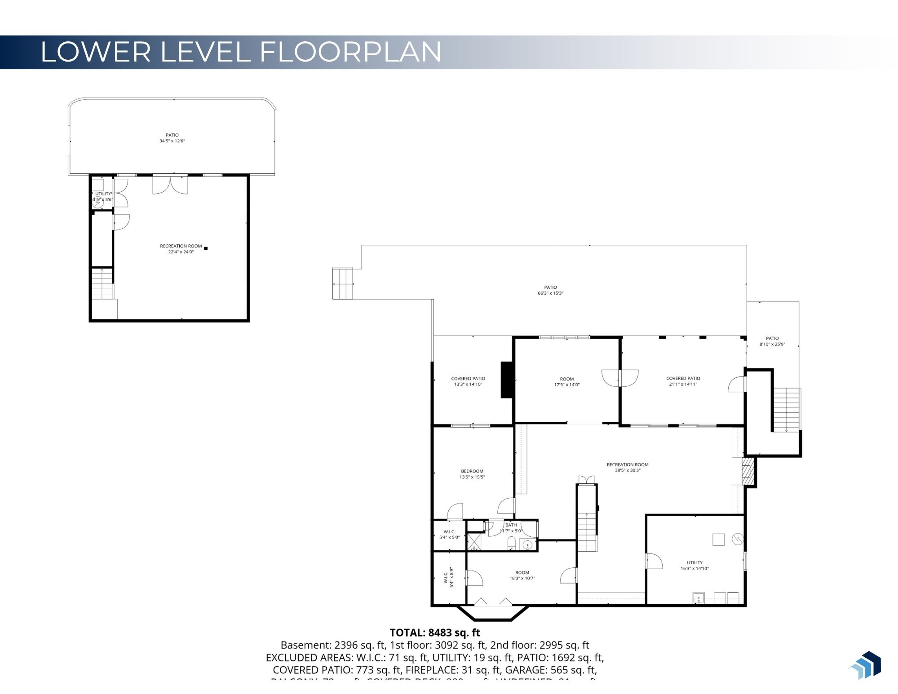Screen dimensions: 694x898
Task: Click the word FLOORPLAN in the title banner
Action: pos(350,52)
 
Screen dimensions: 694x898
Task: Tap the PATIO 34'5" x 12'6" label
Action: pos(172,138)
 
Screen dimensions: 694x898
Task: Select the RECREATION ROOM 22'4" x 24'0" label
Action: pos(181,249)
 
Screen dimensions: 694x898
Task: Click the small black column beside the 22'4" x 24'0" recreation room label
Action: pos(206,248)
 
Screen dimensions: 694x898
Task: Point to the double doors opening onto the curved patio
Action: pos(170,185)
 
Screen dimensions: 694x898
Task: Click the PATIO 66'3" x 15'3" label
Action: pos(550,290)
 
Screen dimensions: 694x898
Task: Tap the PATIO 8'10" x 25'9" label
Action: pos(772,341)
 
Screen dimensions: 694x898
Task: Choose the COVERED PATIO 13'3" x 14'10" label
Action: pos(468,381)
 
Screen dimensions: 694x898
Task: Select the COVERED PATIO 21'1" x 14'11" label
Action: pos(683,381)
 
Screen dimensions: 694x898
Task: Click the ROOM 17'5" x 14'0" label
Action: pos(567,382)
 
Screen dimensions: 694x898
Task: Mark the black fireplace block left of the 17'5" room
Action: pos(507,380)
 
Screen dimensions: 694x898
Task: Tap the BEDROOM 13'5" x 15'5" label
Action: pos(472,474)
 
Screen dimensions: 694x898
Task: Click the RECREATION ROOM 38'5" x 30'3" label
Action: pos(628,468)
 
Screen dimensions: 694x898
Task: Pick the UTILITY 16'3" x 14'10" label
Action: pos(695,566)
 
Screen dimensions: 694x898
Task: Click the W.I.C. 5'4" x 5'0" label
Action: pos(449,534)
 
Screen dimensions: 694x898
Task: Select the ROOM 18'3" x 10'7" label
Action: pos(522,575)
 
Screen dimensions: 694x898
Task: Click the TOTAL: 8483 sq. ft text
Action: pos(434,632)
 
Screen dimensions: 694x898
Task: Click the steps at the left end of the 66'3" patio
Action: pos(343,283)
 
